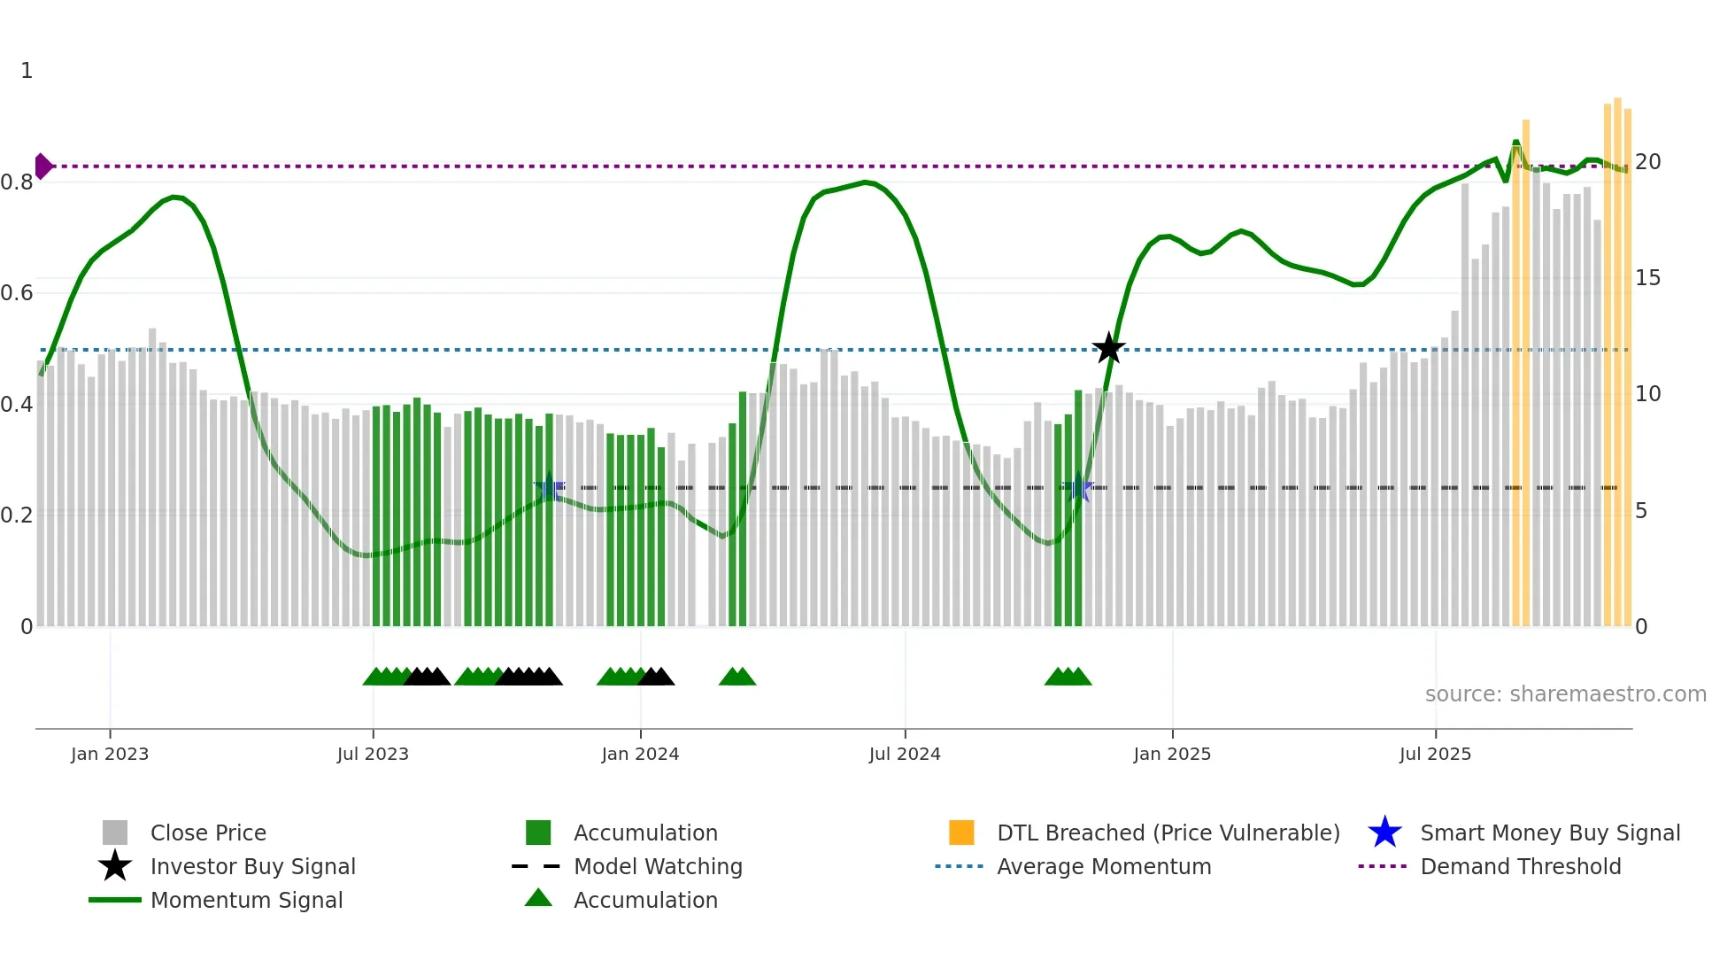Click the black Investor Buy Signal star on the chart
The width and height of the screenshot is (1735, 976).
pos(1108,348)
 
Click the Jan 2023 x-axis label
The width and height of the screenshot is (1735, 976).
pos(110,754)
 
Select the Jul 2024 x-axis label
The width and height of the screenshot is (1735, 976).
pos(905,754)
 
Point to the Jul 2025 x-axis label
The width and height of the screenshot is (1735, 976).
pos(1435,754)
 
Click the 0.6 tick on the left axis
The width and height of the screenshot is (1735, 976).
pos(18,293)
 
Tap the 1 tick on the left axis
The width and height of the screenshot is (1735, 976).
pos(27,71)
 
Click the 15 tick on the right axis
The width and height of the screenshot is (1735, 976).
pos(1647,278)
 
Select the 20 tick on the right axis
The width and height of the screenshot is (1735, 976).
pos(1647,162)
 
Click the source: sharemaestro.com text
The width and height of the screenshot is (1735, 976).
pos(1565,694)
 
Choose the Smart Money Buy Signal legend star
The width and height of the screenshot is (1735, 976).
pos(1384,833)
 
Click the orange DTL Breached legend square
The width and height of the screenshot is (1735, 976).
pos(961,833)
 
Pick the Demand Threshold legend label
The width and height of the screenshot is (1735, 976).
pos(1520,866)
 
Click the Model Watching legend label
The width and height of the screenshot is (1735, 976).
pos(658,866)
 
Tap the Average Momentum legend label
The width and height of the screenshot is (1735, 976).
pos(1104,866)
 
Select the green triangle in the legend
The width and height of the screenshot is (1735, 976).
pos(538,899)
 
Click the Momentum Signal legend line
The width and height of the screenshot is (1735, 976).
pos(115,900)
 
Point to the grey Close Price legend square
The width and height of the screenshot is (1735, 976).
pos(115,833)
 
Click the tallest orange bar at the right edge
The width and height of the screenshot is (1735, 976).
pos(1617,354)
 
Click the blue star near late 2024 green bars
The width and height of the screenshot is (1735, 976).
pos(1078,488)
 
